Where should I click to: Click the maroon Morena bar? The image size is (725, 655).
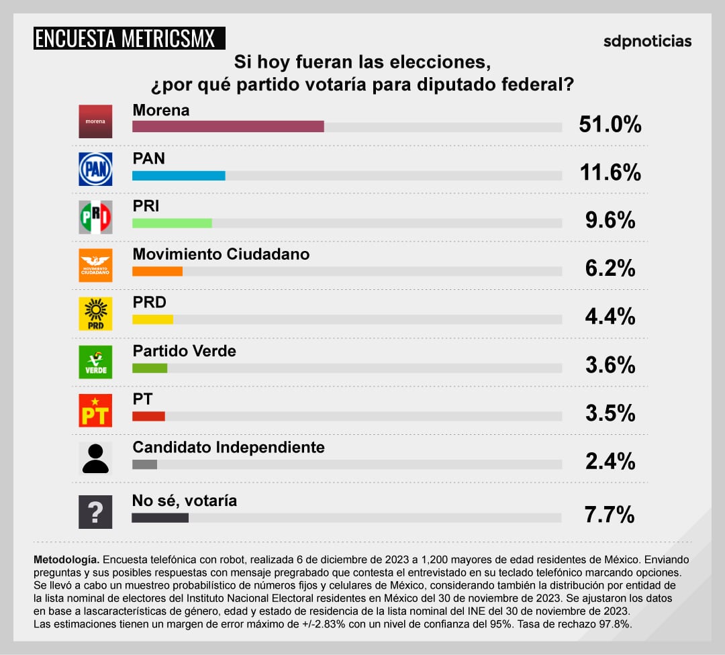coord(228,127)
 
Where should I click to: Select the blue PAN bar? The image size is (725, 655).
coord(179,175)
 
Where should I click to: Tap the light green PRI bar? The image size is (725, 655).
coord(172,223)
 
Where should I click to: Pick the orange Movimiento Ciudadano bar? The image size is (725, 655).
coord(157,272)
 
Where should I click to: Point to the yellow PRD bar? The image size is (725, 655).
coord(152,319)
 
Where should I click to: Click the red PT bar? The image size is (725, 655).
coord(148,416)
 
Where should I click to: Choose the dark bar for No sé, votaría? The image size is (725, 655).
coord(160,517)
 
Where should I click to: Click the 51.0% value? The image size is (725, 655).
coord(610,124)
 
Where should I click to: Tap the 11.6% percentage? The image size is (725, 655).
coord(610,172)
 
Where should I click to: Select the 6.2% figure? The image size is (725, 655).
coord(610,268)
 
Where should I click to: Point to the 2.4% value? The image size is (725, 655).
coord(610,461)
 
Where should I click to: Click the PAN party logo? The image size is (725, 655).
coord(95,168)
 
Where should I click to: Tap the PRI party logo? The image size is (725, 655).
coord(95,217)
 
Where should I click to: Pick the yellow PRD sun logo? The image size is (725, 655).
coord(95,313)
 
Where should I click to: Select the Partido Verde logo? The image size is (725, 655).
coord(95,362)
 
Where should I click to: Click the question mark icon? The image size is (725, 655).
coord(95,512)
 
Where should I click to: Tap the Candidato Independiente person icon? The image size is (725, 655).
coord(95,458)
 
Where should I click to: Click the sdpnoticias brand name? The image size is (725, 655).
coord(646,41)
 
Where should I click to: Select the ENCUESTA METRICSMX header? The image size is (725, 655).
coord(130,38)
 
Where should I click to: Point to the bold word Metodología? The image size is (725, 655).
coord(66,559)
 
